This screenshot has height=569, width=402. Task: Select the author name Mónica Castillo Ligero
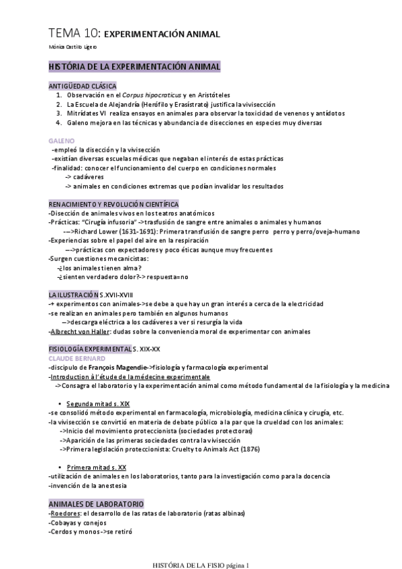point(73,48)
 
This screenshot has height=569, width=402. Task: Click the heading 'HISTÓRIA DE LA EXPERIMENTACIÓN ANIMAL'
point(130,68)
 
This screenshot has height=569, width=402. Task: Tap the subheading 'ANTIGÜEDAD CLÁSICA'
point(83,87)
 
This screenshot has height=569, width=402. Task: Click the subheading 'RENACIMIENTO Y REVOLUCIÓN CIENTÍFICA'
point(113,204)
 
